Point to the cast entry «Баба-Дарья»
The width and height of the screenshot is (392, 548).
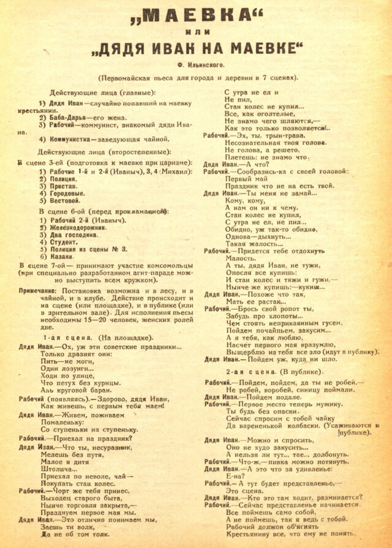click(x=67, y=117)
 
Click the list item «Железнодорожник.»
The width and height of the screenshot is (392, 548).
click(x=80, y=227)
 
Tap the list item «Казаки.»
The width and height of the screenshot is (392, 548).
click(x=62, y=257)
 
